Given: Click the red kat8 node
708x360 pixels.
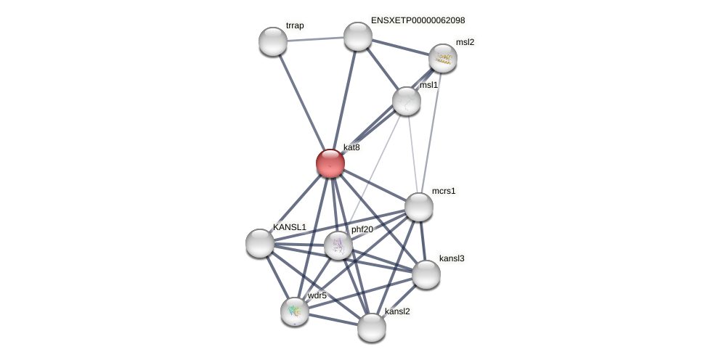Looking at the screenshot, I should [x=330, y=163].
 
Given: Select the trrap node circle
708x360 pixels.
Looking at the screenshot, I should [x=273, y=41].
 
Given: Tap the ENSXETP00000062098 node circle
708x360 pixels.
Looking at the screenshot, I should [x=358, y=36].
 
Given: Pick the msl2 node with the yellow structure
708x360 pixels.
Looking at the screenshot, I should [x=442, y=58].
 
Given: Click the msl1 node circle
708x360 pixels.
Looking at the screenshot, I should [x=407, y=101].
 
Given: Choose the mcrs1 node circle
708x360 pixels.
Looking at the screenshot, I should [x=419, y=207].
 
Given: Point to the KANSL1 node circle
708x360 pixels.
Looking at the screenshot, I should [x=260, y=243].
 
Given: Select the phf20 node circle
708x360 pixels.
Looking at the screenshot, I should [x=338, y=245].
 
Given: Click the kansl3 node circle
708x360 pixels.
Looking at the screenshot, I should [x=426, y=274].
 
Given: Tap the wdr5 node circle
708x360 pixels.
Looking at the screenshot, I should [x=295, y=311].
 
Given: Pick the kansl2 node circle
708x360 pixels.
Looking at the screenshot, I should [x=372, y=327].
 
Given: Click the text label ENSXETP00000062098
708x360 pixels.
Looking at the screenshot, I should [x=418, y=20].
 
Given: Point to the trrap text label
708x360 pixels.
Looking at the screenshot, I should [x=295, y=25].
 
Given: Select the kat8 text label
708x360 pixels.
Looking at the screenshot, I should [x=351, y=147].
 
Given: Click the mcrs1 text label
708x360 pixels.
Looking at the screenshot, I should [x=444, y=191].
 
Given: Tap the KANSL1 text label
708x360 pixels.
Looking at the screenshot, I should [x=290, y=227].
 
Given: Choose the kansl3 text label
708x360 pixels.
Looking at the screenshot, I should [x=452, y=258].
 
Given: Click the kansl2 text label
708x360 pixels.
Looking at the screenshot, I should [x=397, y=311].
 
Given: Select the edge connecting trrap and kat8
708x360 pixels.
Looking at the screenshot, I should [x=302, y=102].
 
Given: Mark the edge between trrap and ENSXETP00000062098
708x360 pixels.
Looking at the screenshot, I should [x=315, y=39].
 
